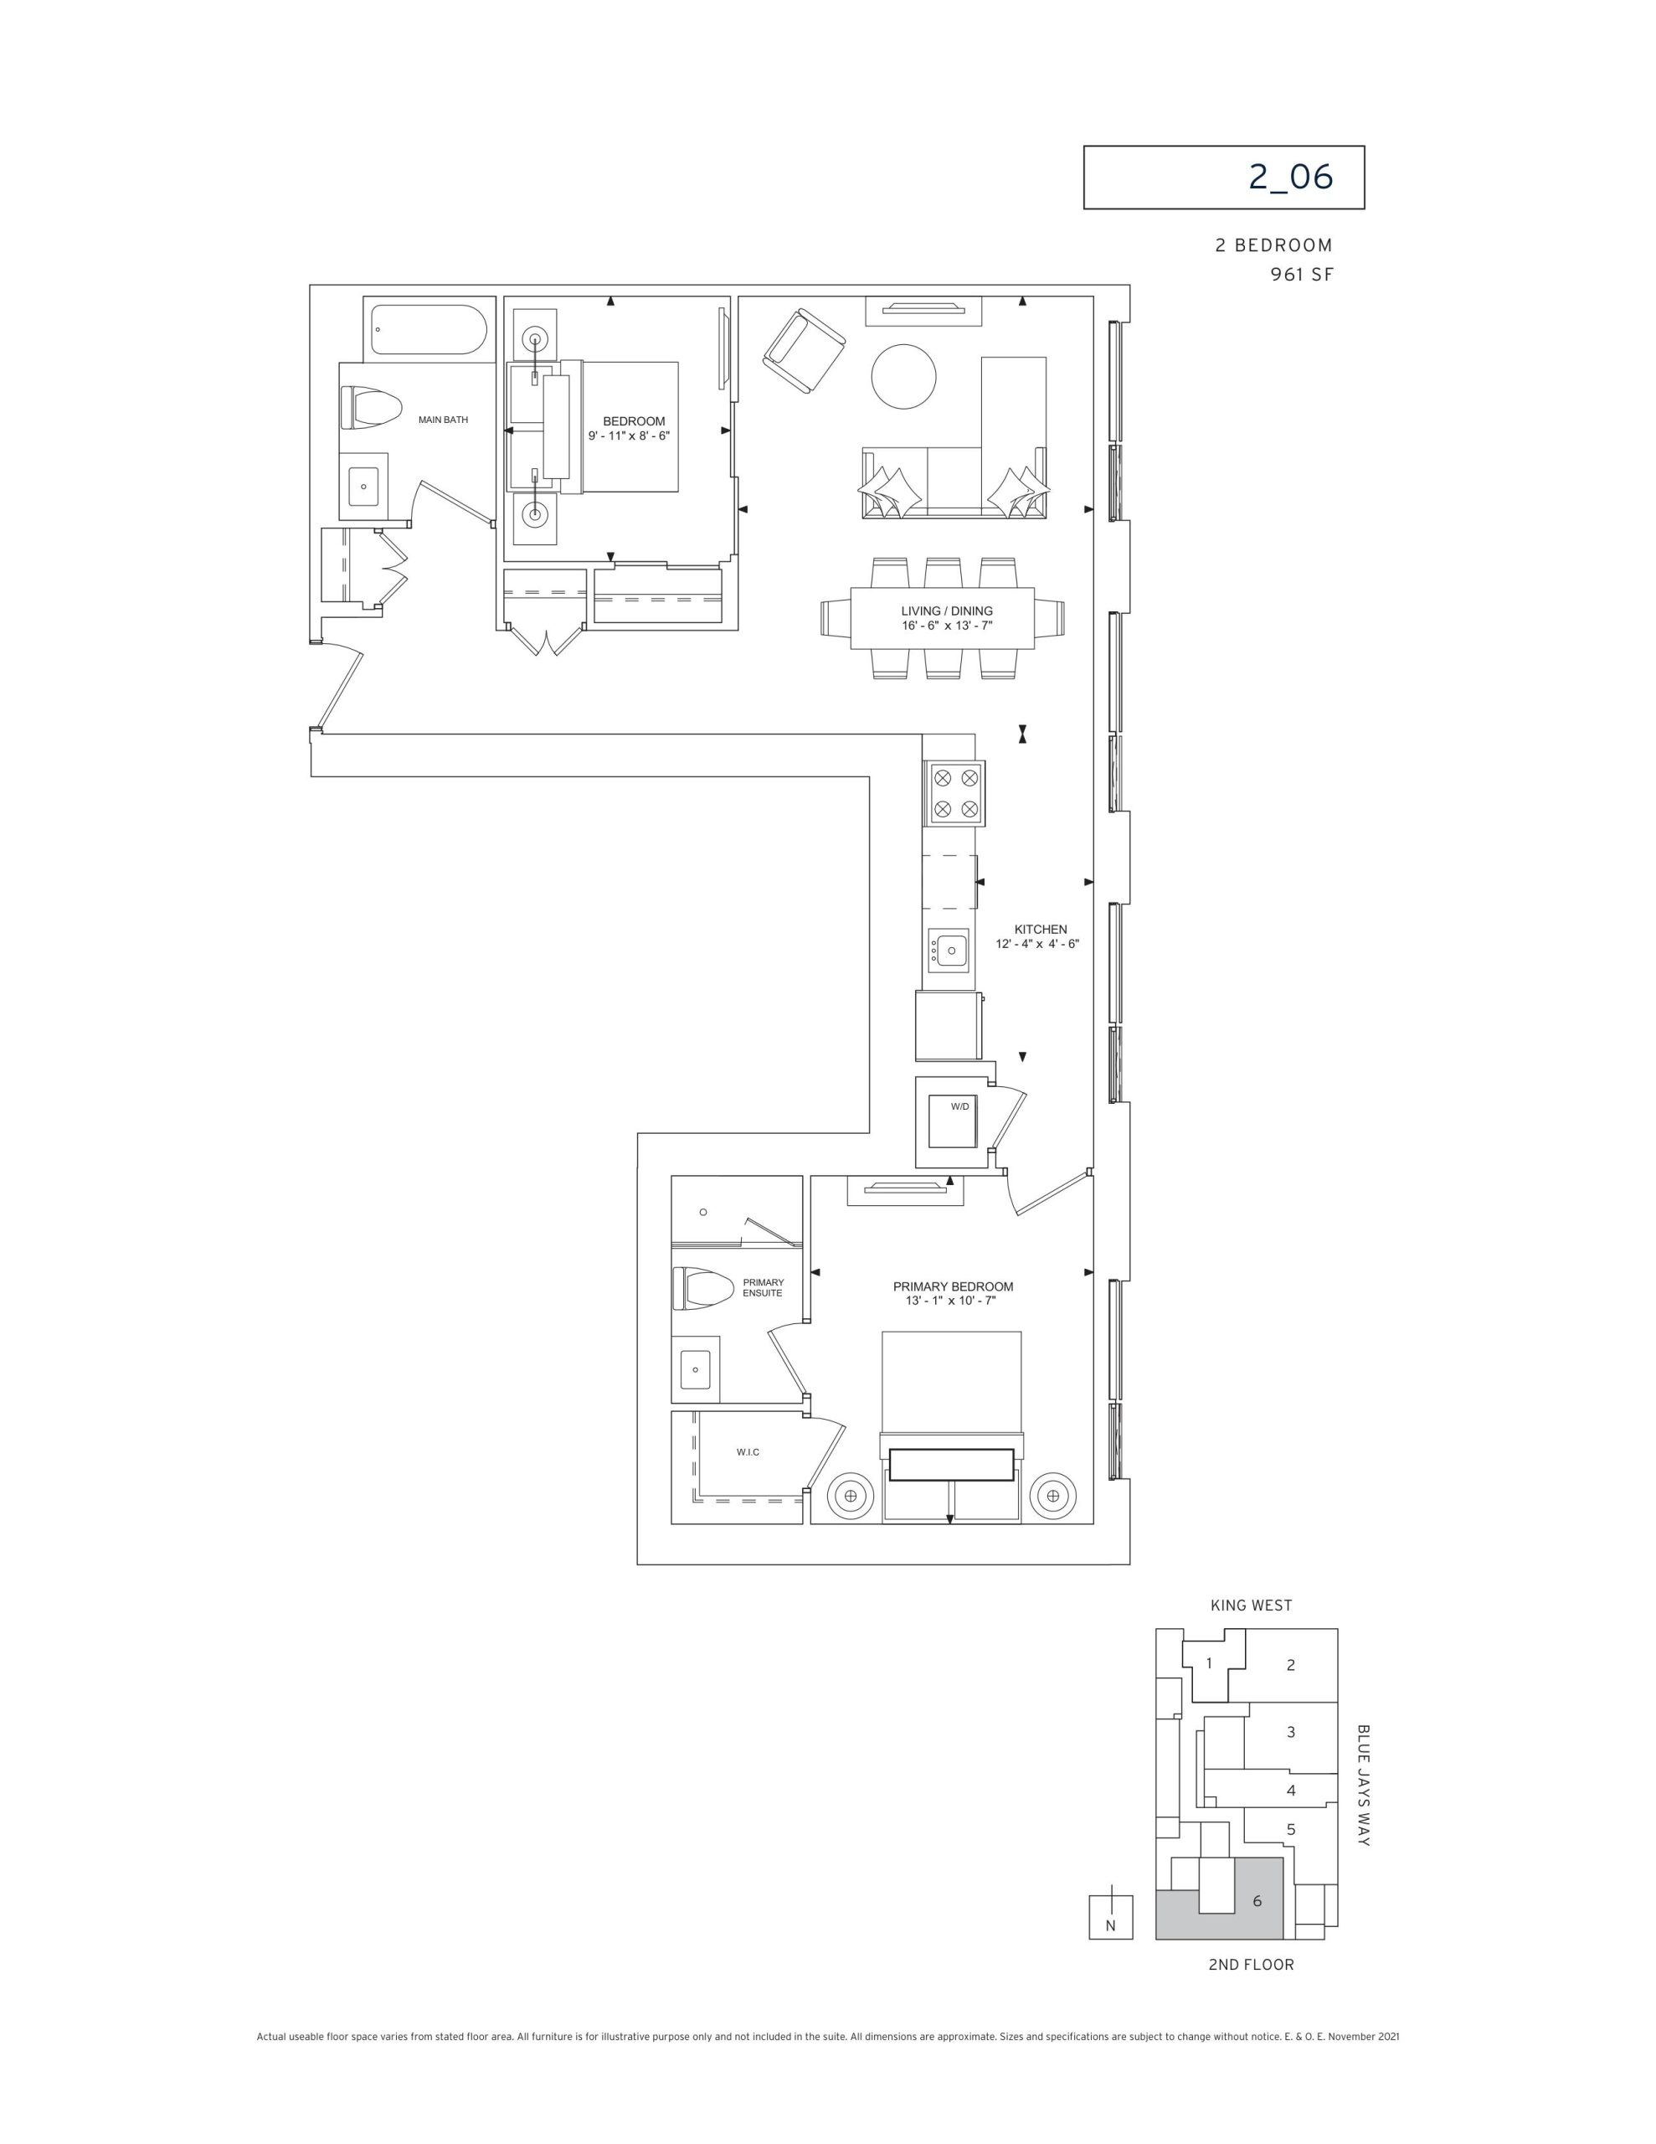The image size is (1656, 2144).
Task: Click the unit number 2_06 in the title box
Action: (x=1291, y=177)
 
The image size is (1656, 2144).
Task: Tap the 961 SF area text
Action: (x=1302, y=275)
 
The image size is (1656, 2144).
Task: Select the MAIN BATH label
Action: (x=443, y=420)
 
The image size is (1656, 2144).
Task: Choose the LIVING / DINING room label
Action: (x=946, y=611)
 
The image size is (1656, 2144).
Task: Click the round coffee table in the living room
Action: (x=904, y=376)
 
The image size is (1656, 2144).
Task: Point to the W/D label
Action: (x=959, y=1106)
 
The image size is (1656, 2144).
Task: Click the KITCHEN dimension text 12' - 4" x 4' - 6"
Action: (x=1037, y=943)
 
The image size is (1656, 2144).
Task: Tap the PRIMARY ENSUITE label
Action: (x=763, y=1287)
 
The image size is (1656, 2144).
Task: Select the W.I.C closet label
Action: (x=748, y=1452)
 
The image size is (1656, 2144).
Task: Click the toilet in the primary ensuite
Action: (x=702, y=1288)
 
